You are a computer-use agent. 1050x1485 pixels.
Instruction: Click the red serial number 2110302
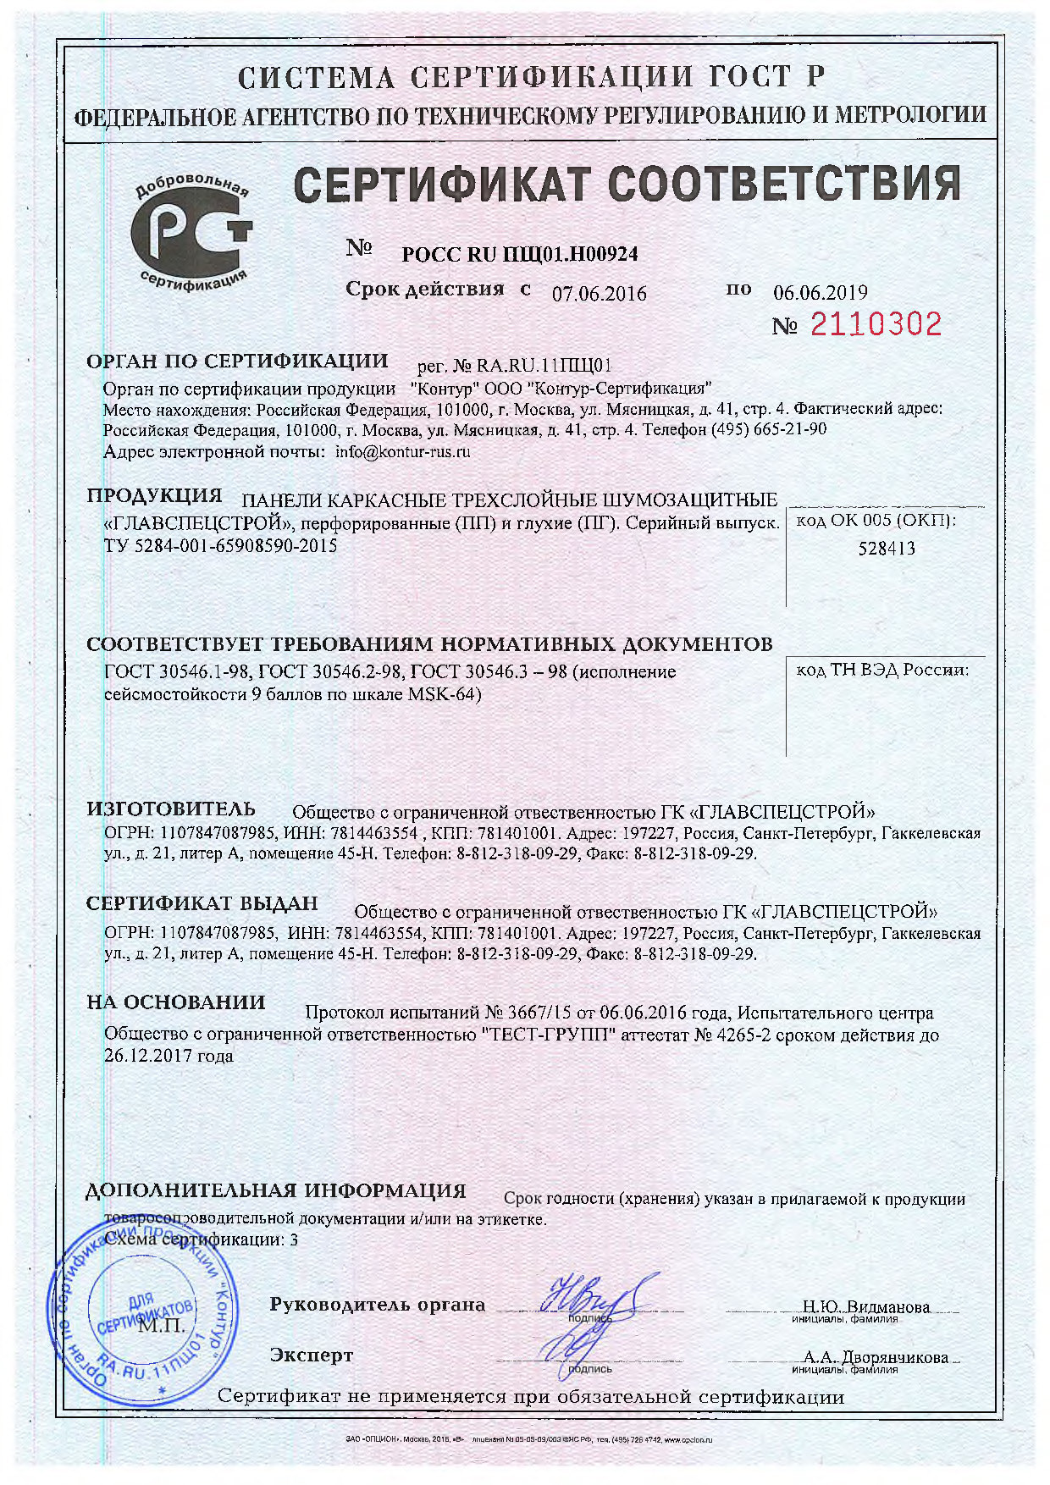tap(876, 324)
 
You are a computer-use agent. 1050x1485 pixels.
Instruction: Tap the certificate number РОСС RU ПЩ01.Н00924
tap(519, 253)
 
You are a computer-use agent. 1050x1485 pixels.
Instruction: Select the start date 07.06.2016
tap(599, 294)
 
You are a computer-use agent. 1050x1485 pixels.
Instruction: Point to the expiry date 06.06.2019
tap(820, 293)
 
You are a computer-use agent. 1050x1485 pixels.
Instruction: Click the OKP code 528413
tap(886, 548)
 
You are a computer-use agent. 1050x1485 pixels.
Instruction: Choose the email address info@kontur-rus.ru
tap(402, 451)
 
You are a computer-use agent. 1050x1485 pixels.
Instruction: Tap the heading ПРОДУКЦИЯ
tap(154, 496)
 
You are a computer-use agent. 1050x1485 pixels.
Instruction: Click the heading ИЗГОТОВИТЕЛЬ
tap(170, 809)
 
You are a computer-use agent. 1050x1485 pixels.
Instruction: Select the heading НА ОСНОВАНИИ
tap(175, 1002)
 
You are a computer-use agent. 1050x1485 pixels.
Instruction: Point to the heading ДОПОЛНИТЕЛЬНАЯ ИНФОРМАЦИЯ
tap(275, 1190)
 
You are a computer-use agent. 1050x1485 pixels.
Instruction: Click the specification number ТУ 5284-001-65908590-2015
tap(220, 546)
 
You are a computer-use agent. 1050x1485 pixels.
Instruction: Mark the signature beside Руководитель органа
tap(593, 1296)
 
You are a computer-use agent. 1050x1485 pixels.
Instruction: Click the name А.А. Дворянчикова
tap(876, 1357)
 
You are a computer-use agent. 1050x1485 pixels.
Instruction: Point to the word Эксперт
tap(311, 1355)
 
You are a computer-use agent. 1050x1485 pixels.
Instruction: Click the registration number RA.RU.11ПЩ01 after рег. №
tap(544, 366)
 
